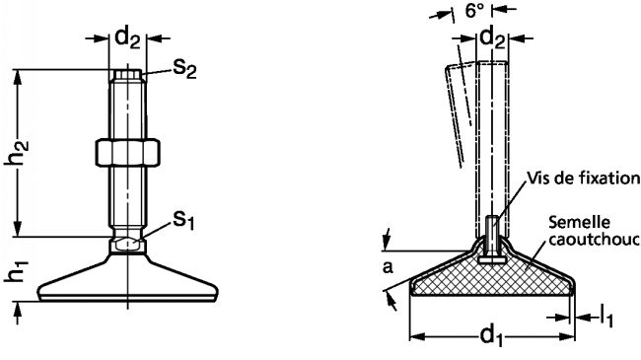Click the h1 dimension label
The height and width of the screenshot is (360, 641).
pos(17,270)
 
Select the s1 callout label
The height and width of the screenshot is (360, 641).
pos(183,220)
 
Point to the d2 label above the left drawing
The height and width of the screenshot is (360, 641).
pos(128,38)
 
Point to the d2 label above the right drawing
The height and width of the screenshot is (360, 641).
pos(492,38)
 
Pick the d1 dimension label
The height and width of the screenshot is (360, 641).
pos(491,336)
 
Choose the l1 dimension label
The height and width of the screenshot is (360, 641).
pos(606,317)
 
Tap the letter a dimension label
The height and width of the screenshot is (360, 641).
pos(388,267)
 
